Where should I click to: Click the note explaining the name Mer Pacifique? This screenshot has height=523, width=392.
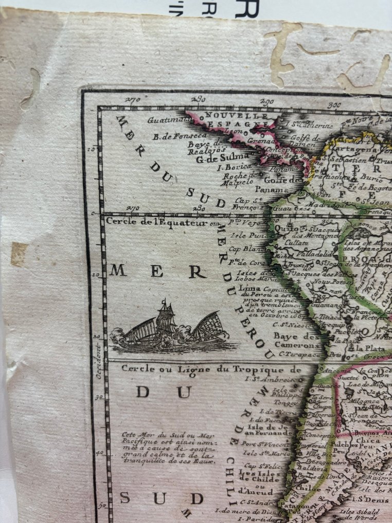click(170, 446)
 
